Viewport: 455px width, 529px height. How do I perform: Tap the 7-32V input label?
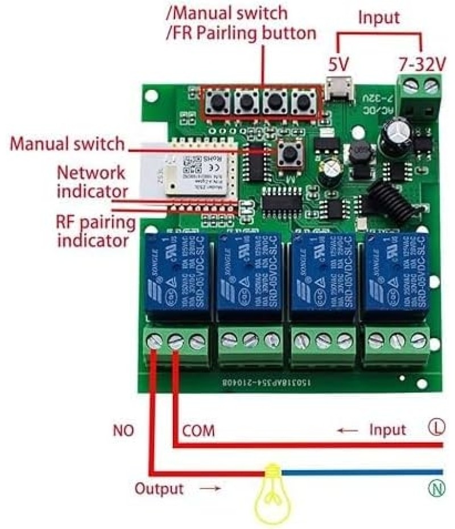(x=420, y=64)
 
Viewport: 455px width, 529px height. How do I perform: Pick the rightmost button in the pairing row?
(x=302, y=102)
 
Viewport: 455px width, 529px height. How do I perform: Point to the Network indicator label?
(x=92, y=181)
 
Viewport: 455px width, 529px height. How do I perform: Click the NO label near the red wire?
(x=123, y=431)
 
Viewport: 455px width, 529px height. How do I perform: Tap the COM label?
(x=198, y=431)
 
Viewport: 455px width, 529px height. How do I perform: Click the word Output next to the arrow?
(x=159, y=488)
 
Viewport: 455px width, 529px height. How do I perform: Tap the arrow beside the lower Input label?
(x=348, y=430)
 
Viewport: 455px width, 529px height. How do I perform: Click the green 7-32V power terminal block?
(x=421, y=94)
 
